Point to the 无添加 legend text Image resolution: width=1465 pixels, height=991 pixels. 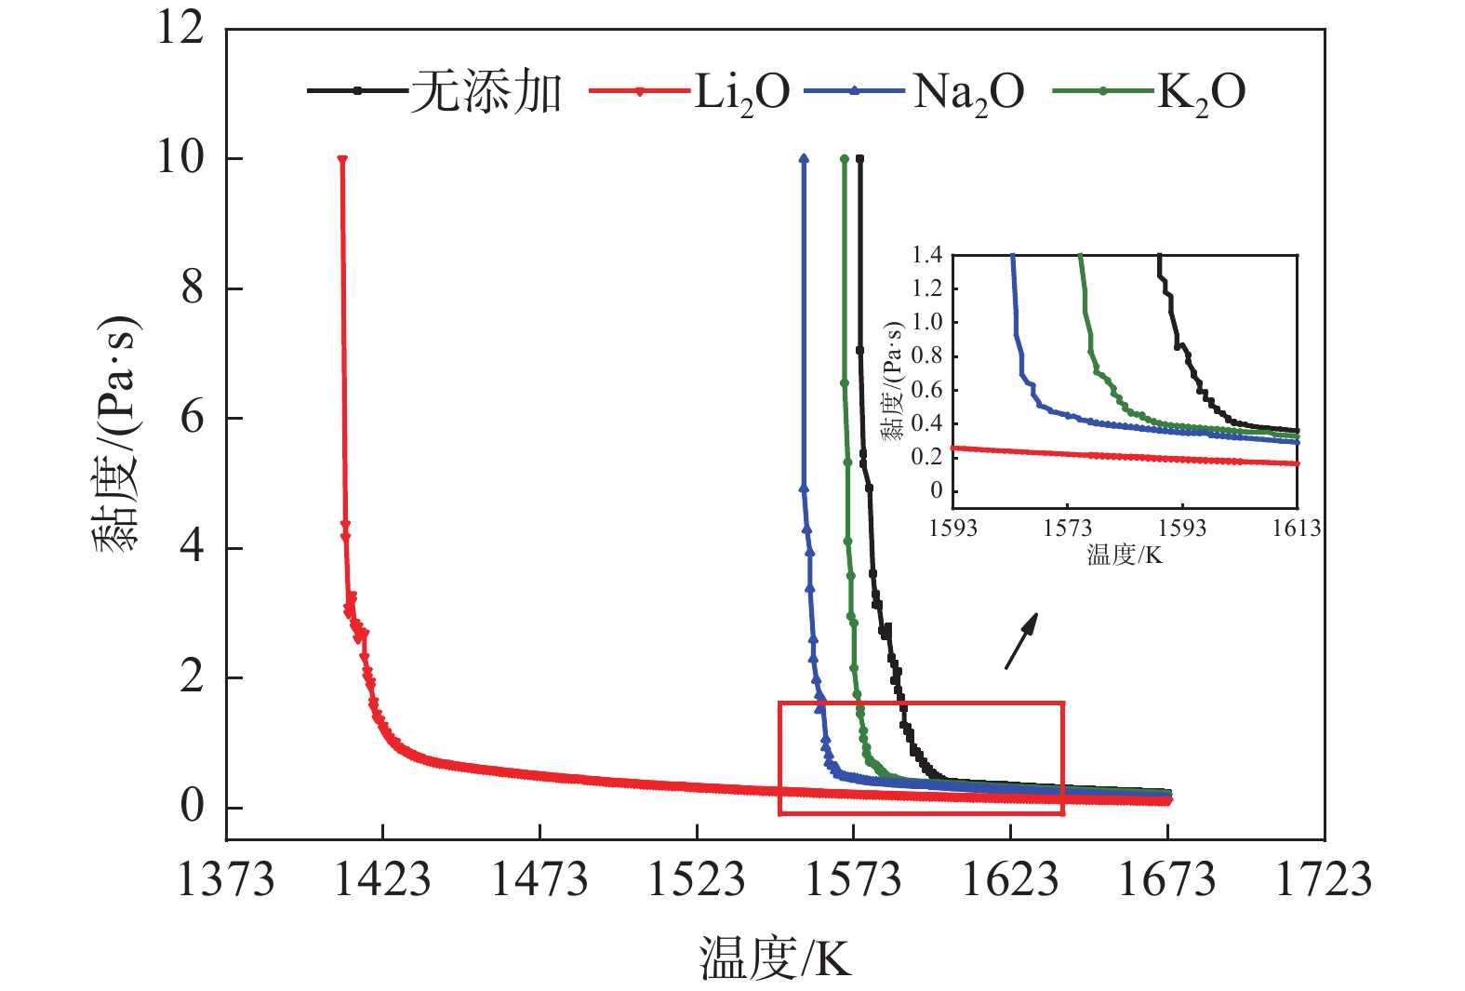(486, 91)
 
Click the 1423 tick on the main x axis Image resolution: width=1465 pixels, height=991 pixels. (382, 879)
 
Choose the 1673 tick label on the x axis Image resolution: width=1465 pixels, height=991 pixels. (1166, 879)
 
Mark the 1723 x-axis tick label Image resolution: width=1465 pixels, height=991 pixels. (1323, 879)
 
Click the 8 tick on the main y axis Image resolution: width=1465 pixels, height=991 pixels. (193, 288)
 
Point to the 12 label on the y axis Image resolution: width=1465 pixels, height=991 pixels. (180, 28)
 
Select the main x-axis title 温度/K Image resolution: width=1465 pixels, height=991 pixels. (775, 958)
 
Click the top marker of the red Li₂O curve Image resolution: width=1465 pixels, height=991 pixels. (342, 160)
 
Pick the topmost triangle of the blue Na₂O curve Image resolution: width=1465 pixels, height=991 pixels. (804, 159)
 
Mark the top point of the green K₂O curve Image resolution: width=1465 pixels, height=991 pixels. (844, 159)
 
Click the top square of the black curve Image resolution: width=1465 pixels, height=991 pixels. (859, 159)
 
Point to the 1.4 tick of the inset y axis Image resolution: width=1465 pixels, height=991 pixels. (926, 255)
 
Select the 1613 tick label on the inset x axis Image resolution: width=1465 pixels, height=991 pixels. (1296, 529)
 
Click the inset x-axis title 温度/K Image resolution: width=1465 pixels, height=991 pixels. (1125, 556)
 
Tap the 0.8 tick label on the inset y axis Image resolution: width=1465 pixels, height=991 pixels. (926, 355)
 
